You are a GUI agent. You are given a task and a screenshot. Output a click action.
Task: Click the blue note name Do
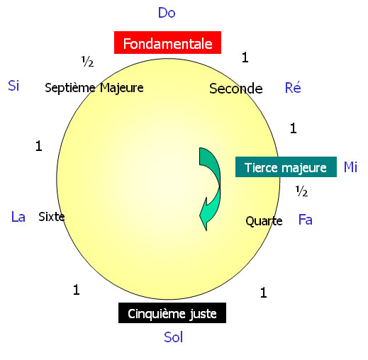167,13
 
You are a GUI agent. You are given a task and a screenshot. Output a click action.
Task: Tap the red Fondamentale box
167,43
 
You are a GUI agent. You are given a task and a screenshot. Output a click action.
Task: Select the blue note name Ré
293,87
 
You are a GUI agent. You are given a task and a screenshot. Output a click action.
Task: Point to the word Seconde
236,89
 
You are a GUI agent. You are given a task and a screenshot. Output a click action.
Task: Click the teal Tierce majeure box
286,167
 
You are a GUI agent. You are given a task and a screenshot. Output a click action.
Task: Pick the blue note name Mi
350,167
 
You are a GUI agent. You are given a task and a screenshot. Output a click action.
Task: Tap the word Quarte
264,221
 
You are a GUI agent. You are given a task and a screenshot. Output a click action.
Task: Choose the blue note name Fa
306,220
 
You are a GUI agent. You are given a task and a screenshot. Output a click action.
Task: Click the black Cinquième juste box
172,313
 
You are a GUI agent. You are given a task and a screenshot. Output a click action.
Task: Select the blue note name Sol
174,337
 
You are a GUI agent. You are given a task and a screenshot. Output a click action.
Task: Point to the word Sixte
52,217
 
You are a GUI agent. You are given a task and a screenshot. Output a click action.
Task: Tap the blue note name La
18,217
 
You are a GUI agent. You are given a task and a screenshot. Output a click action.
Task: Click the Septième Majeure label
94,88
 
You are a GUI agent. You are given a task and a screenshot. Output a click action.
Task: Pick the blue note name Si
13,85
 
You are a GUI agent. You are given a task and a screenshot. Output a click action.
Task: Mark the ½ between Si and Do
87,62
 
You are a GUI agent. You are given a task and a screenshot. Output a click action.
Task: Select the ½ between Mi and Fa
301,191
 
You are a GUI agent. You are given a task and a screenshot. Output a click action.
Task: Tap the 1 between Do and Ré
245,57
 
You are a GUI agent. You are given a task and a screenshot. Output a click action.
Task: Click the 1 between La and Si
39,146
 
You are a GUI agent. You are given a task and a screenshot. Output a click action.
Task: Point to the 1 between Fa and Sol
264,293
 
